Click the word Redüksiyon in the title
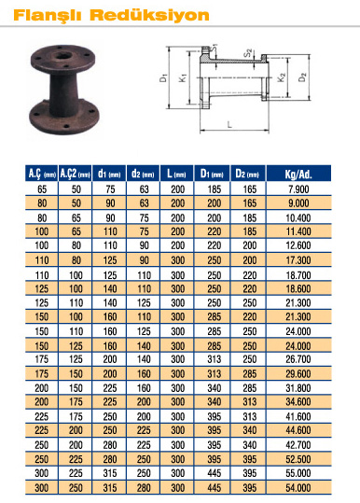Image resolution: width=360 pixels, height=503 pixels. point(150,15)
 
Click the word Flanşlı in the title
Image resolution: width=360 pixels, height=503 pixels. point(48,16)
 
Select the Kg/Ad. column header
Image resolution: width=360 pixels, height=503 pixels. point(298,174)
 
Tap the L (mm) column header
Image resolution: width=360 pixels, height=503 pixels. point(176,174)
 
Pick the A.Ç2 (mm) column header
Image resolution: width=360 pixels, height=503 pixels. point(75,174)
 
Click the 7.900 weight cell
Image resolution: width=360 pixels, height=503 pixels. point(298,189)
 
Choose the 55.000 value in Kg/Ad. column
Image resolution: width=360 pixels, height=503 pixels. point(298,473)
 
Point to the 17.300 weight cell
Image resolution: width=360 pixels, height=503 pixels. point(298,260)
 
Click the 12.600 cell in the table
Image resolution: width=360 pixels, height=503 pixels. point(298,245)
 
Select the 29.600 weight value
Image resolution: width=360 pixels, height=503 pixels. point(298,373)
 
